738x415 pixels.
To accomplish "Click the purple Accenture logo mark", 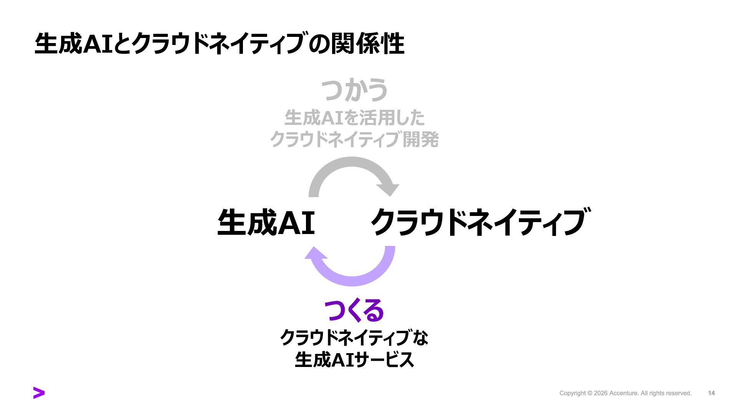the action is [39, 393].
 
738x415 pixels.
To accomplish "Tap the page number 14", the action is [711, 393].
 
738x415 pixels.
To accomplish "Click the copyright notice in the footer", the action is [625, 393].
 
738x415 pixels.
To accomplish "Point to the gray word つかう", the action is [354, 90].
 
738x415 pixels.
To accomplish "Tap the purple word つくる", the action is [354, 310].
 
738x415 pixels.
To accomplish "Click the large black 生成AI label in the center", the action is [266, 223].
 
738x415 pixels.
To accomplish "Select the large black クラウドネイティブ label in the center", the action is [479, 222].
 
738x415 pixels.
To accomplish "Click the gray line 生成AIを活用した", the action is [354, 118].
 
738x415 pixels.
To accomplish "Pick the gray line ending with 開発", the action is [354, 139].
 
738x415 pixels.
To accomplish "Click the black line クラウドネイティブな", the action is [354, 338].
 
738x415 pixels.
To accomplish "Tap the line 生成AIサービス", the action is [354, 360].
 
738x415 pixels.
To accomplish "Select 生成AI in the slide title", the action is [73, 43].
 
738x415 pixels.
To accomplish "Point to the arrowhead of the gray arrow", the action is [388, 189].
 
